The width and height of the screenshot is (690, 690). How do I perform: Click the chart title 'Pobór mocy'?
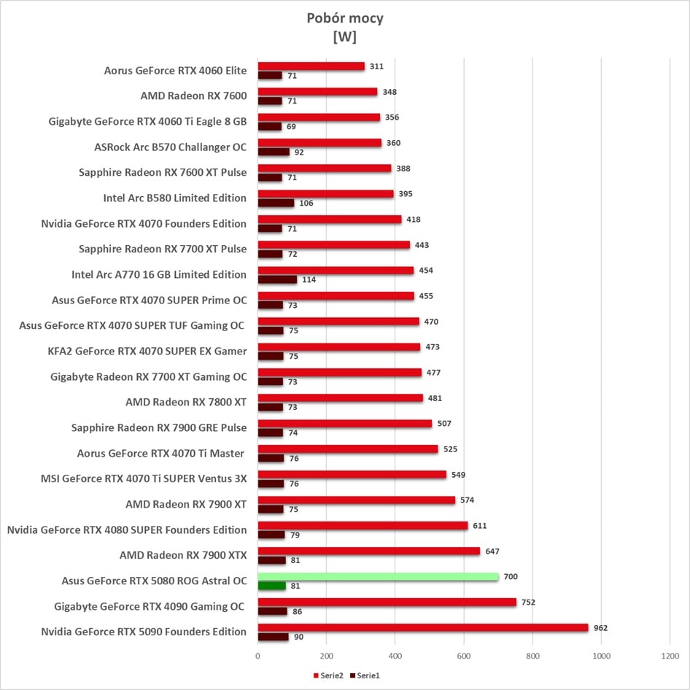(x=345, y=18)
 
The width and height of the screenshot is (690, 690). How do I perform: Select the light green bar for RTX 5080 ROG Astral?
(x=378, y=577)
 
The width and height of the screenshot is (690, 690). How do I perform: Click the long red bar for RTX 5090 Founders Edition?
(x=422, y=628)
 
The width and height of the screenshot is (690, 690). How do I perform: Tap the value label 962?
(x=600, y=628)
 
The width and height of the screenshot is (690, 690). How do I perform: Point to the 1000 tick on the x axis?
(x=601, y=656)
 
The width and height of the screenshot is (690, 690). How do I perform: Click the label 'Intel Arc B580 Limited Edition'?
(x=175, y=198)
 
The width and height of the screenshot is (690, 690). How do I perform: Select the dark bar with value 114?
(x=277, y=279)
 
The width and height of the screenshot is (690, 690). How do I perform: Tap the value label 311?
(x=376, y=66)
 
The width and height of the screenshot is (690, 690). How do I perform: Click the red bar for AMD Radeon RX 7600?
(x=317, y=92)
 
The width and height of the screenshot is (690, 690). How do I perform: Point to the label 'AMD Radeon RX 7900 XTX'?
(x=183, y=555)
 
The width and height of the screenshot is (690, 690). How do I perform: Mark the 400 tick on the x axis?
(x=395, y=656)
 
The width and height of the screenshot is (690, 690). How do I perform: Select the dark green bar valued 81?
(x=271, y=586)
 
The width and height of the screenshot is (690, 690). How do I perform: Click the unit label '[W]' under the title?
(x=344, y=37)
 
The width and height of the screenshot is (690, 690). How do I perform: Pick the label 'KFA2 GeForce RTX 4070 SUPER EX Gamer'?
(x=147, y=351)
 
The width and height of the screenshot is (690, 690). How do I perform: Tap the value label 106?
(x=306, y=203)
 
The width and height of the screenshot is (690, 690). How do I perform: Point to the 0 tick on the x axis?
(x=257, y=656)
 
